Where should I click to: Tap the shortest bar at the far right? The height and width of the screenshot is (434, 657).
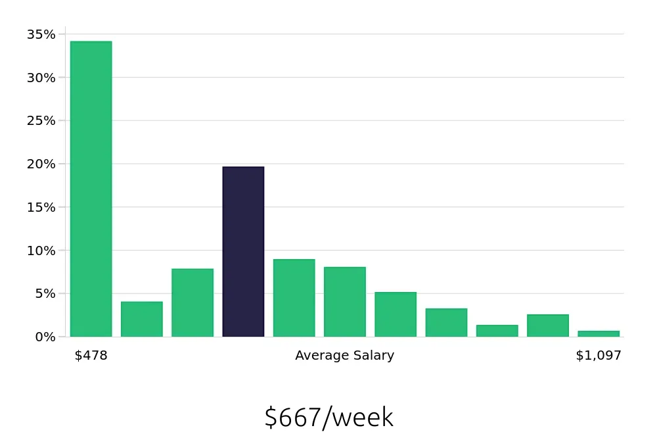599,333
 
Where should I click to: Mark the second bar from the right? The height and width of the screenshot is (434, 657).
548,325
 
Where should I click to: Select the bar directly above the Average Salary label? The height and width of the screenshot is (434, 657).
345,302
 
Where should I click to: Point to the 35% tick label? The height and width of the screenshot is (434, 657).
41,34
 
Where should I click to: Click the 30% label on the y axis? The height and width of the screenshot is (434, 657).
41,78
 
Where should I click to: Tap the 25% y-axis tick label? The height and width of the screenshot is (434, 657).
41,121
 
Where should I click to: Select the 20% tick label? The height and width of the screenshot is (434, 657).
41,164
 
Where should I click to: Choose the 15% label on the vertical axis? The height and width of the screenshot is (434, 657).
41,207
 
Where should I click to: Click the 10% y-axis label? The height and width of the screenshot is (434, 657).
41,251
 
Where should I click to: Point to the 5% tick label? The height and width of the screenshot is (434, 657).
45,293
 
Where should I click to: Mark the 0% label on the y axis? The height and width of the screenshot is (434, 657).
45,337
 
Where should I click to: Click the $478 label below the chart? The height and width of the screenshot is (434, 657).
91,356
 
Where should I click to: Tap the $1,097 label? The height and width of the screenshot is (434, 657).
599,356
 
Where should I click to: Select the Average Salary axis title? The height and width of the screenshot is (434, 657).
345,356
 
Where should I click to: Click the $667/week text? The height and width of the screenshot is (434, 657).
328,418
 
